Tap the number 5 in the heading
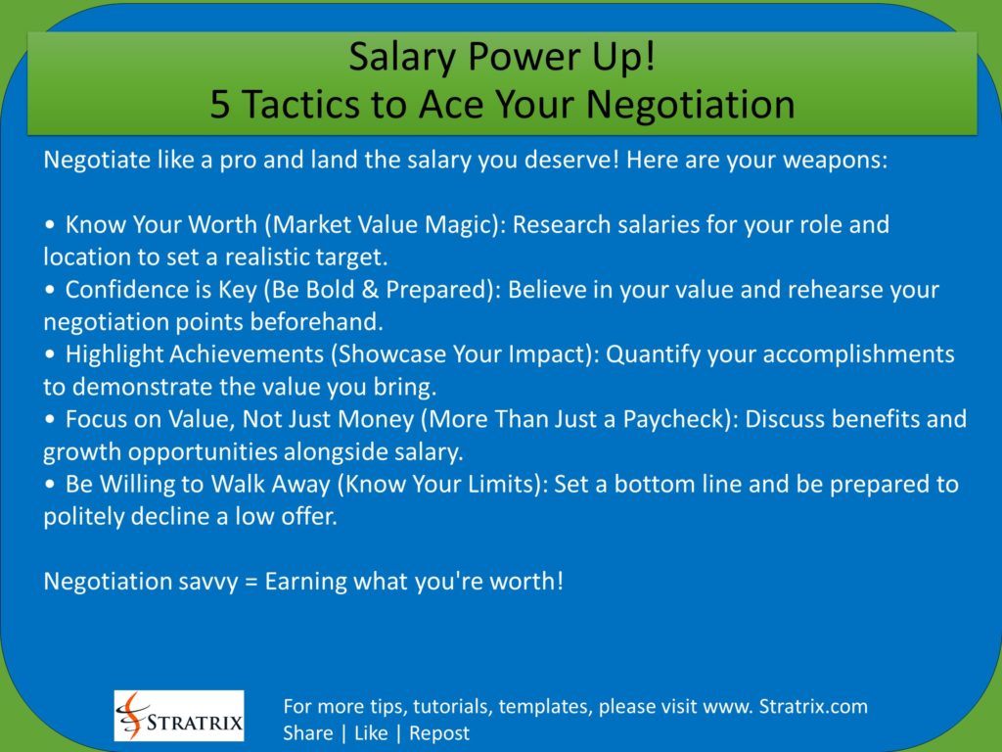(x=220, y=105)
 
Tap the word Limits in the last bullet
(x=493, y=485)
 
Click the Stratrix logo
(x=179, y=716)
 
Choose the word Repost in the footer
(x=438, y=732)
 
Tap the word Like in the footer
(x=371, y=732)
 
